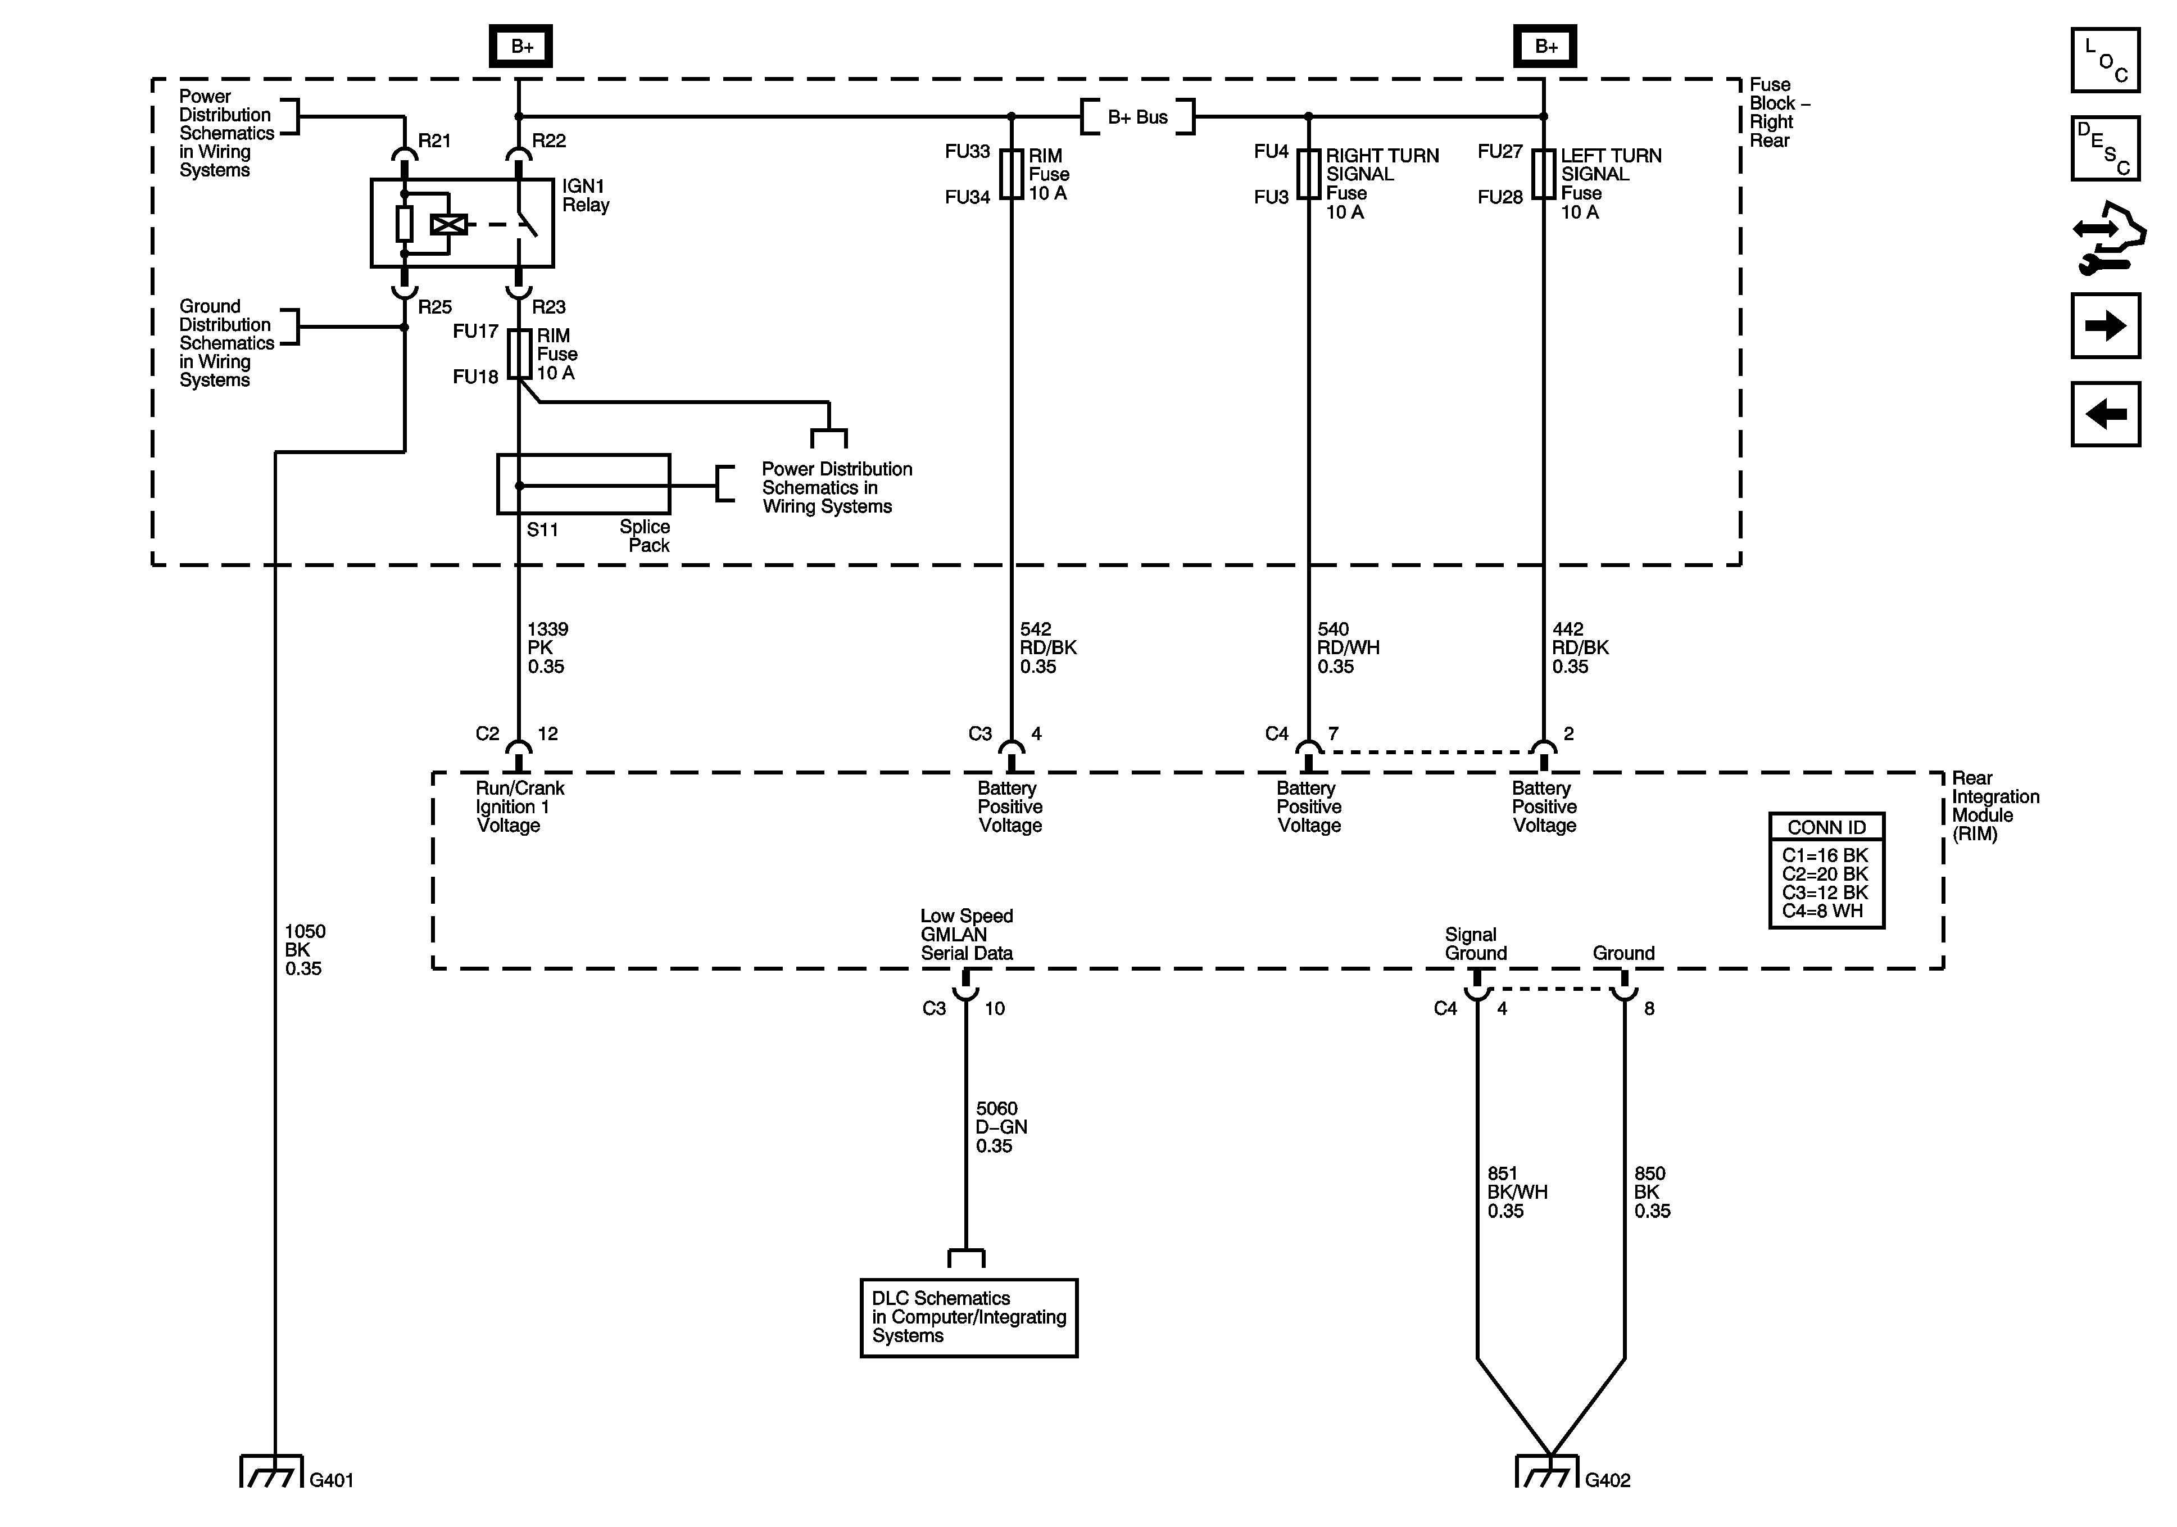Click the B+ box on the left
tap(520, 46)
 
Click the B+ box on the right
tap(1545, 46)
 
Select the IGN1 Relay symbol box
tap(462, 223)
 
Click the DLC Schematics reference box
tap(969, 1317)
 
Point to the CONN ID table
tap(1826, 870)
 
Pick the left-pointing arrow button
tap(2106, 414)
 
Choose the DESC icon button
tap(2106, 148)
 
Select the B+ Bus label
tap(1138, 117)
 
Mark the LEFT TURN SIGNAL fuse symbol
tap(1545, 175)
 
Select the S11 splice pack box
tap(584, 484)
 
